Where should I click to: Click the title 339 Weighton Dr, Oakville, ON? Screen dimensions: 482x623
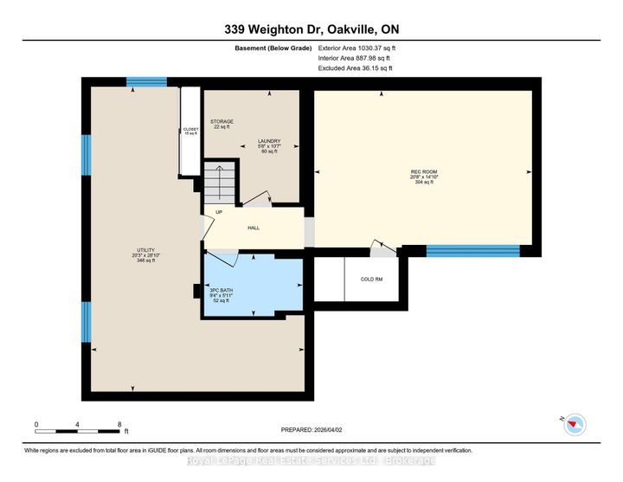pyautogui.click(x=311, y=29)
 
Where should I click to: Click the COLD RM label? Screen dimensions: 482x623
pyautogui.click(x=371, y=279)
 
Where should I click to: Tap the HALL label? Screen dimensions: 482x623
pyautogui.click(x=254, y=228)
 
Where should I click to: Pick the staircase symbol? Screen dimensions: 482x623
pyautogui.click(x=221, y=183)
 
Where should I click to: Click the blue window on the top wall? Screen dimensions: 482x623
pyautogui.click(x=146, y=83)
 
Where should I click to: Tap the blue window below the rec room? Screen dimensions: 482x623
pyautogui.click(x=472, y=251)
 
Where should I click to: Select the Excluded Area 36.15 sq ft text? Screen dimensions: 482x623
pyautogui.click(x=356, y=67)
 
